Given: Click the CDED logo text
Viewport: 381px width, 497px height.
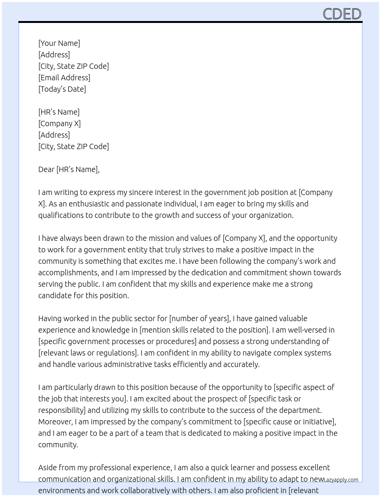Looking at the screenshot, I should click(342, 14).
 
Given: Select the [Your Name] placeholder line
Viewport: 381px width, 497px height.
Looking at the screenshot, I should click(59, 43).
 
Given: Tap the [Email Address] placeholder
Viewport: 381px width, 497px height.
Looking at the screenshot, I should click(64, 78).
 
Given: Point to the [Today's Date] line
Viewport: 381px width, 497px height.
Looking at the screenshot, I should click(62, 89).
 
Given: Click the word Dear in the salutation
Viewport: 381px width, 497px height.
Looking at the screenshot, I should click(46, 169).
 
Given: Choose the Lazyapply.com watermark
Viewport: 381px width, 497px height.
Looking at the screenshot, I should click(341, 480).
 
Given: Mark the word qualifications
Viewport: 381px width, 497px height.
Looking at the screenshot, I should click(61, 215).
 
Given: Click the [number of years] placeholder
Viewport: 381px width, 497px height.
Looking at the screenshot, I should click(200, 318).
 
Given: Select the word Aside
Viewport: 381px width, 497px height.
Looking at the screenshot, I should click(47, 468).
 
